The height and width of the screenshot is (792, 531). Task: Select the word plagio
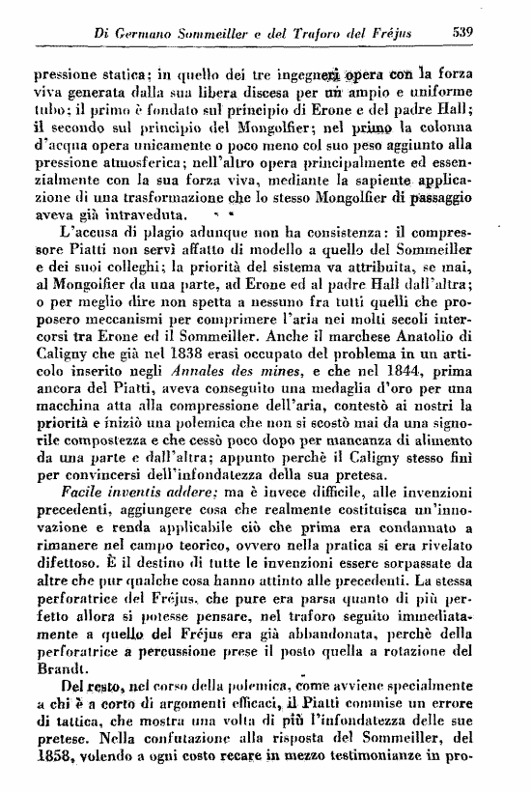152,232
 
